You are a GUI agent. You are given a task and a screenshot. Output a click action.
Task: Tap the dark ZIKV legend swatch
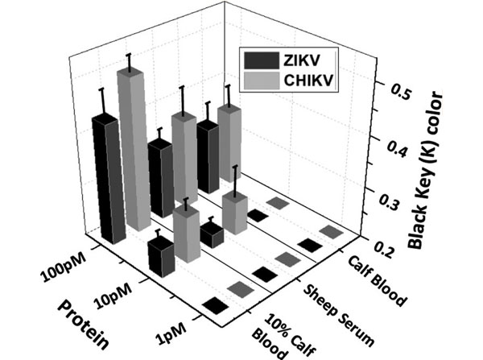tap(260, 60)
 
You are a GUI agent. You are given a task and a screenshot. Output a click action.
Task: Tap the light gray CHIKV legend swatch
tap(260, 79)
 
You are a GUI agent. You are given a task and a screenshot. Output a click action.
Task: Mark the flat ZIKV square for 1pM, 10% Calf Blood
tap(214, 304)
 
